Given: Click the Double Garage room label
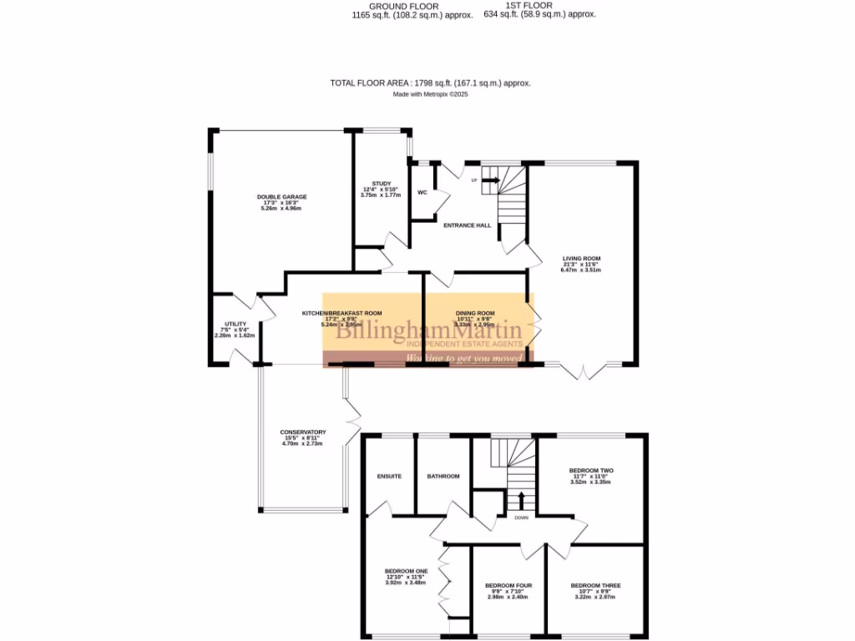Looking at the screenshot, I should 281,197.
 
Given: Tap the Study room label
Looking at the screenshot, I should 381,184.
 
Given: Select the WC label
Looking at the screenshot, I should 422,193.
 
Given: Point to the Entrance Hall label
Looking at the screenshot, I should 467,225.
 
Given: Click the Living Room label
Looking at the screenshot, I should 581,259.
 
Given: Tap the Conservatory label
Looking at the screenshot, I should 302,432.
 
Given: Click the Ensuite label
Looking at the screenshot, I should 388,477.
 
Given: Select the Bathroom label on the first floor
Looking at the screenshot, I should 443,477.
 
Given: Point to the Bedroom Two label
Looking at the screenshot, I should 590,471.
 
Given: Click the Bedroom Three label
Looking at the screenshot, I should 595,586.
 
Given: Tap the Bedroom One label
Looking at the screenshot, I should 405,571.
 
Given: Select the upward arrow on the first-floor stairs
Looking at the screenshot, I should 522,500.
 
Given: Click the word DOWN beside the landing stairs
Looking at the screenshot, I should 521,517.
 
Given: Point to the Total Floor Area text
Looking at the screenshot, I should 430,83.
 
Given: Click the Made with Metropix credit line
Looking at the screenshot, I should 430,94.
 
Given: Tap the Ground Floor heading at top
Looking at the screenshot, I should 403,7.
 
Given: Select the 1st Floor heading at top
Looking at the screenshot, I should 539,7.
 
